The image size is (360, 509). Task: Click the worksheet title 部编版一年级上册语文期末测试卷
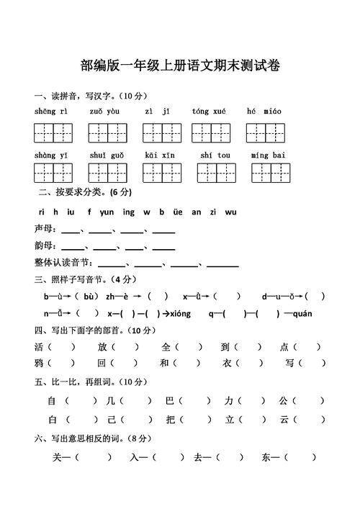180,66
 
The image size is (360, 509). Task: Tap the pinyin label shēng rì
50,112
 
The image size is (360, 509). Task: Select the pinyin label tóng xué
209,112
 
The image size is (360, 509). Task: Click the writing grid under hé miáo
264,132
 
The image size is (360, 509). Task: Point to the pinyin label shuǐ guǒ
107,155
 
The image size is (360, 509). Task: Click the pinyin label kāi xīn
159,155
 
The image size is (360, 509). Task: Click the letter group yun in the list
107,212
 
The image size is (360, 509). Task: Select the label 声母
45,230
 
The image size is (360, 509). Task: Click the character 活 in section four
39,346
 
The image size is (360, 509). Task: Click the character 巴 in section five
170,400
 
